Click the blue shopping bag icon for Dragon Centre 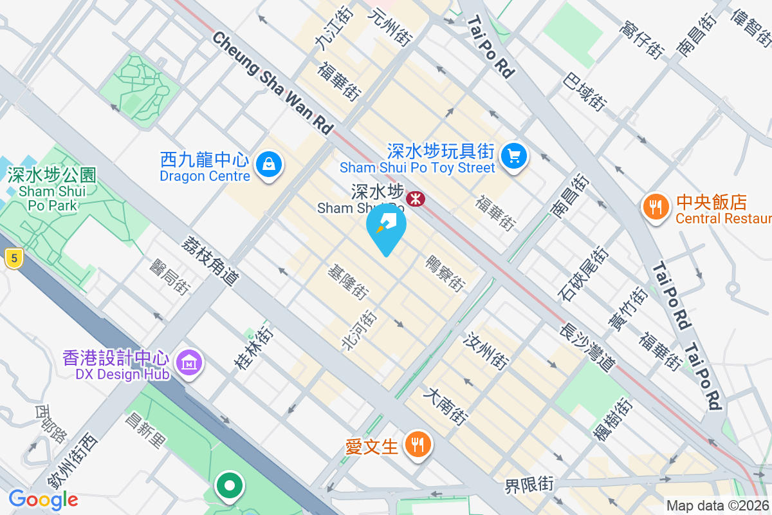pyautogui.click(x=268, y=165)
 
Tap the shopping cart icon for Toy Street pyautogui.click(x=513, y=155)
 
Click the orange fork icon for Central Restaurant pyautogui.click(x=655, y=207)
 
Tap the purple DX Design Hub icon pyautogui.click(x=189, y=364)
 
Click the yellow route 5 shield pyautogui.click(x=12, y=259)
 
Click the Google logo pyautogui.click(x=43, y=499)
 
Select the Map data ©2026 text pyautogui.click(x=717, y=505)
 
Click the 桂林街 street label pyautogui.click(x=253, y=348)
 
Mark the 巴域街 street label pyautogui.click(x=584, y=91)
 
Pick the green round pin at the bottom pyautogui.click(x=230, y=486)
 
